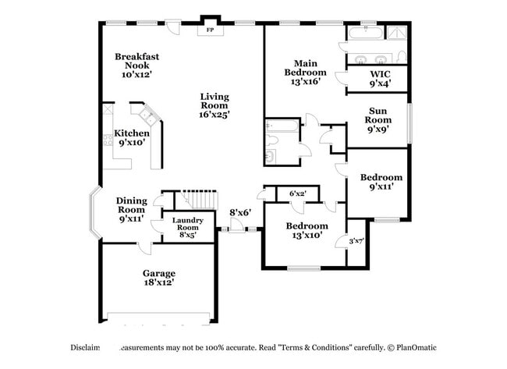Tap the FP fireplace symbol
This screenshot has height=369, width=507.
point(210,30)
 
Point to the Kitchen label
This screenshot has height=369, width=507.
point(132,138)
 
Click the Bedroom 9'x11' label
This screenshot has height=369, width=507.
point(381,182)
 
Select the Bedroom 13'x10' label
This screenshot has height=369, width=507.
point(306,231)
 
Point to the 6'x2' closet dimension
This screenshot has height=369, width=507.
point(298,193)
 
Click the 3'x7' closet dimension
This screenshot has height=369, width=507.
point(356,241)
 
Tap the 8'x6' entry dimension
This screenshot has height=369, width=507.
point(239,212)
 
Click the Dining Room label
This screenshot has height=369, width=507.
point(132,209)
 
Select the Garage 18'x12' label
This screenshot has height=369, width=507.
point(158,278)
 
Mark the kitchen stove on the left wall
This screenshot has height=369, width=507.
point(107,140)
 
